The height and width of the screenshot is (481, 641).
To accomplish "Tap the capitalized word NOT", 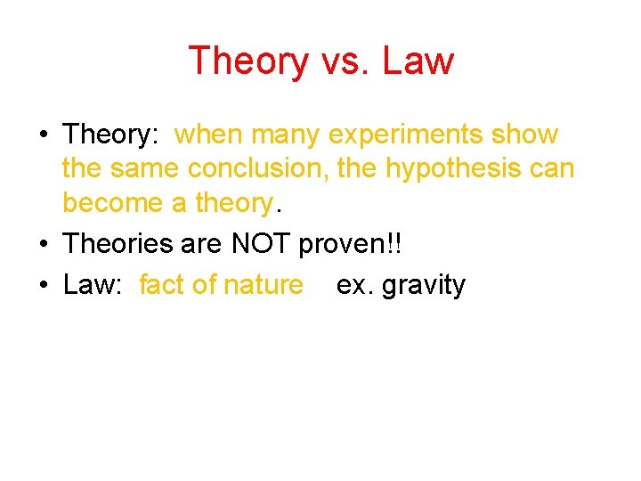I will coord(262,242).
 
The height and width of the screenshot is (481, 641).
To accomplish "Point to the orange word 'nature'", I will coord(263,285).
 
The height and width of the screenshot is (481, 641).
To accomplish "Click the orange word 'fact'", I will coord(163,285).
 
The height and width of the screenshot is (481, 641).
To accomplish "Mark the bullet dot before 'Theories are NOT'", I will coord(43,243).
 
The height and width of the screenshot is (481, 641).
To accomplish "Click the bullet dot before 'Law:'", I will coord(43,286).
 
